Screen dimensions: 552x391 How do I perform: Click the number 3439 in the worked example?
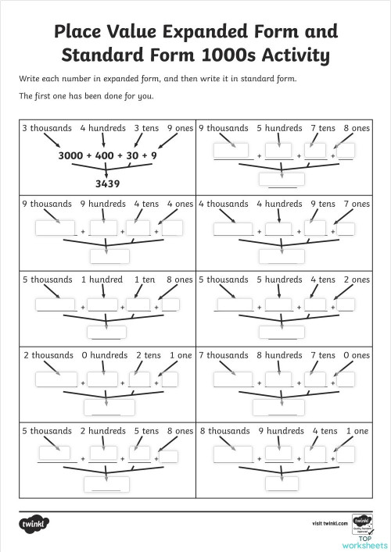[107, 185]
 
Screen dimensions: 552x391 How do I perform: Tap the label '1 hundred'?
[102, 280]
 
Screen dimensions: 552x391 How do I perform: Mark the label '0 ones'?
[355, 355]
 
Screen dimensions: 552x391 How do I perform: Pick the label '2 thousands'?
[47, 355]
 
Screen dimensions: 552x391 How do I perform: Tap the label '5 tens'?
[145, 431]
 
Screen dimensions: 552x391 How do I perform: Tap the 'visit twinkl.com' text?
[328, 522]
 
